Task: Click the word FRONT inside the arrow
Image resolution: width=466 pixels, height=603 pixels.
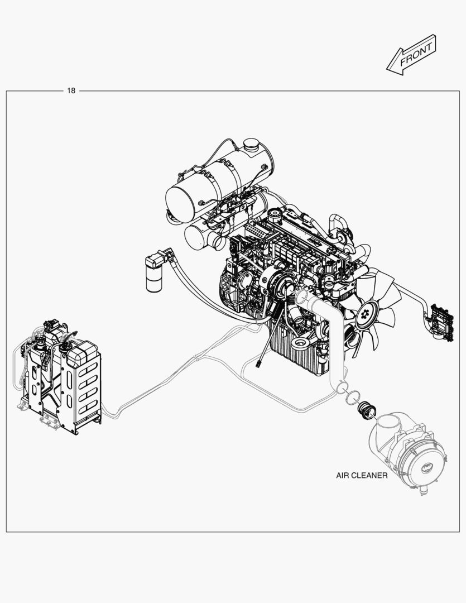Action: click(x=416, y=55)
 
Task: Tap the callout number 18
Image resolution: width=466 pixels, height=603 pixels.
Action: click(x=71, y=91)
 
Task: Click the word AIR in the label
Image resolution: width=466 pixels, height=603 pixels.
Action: click(x=343, y=476)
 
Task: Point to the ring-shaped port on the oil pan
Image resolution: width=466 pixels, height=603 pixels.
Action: click(x=300, y=343)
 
